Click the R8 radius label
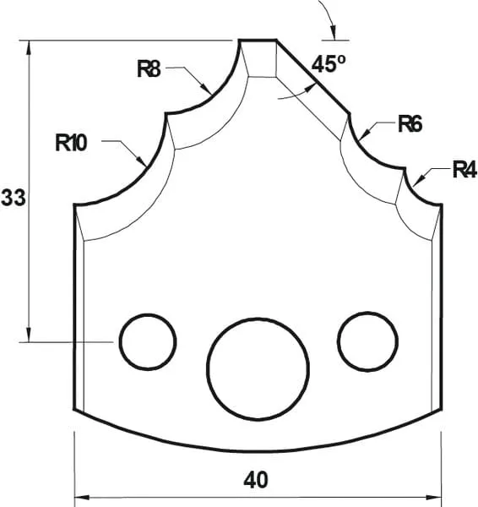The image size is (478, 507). pyautogui.click(x=149, y=69)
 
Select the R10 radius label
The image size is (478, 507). pyautogui.click(x=72, y=143)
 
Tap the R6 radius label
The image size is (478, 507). pyautogui.click(x=410, y=126)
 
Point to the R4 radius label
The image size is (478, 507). pyautogui.click(x=464, y=171)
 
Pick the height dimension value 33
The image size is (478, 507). pyautogui.click(x=13, y=198)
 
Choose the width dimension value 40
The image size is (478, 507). pyautogui.click(x=256, y=480)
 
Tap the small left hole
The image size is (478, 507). pyautogui.click(x=148, y=341)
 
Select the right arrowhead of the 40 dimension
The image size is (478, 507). pyautogui.click(x=438, y=498)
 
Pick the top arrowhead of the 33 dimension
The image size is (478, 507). pyautogui.click(x=30, y=45)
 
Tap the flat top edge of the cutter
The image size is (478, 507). pyautogui.click(x=258, y=39)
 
